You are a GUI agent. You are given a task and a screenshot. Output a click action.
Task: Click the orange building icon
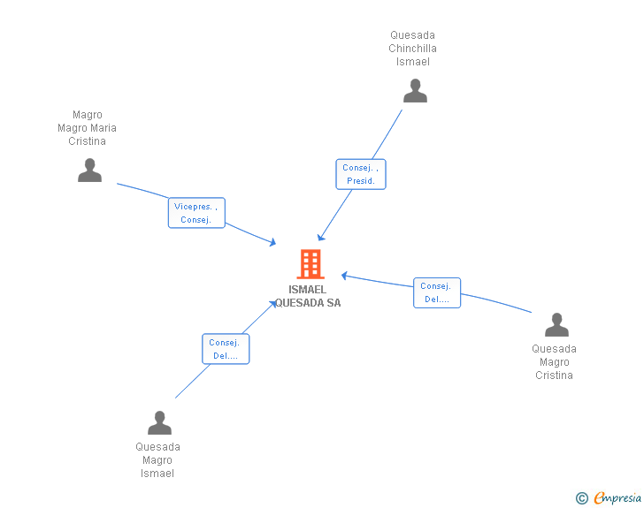[x=310, y=264]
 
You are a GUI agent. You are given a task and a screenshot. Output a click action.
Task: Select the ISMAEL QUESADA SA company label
[x=308, y=296]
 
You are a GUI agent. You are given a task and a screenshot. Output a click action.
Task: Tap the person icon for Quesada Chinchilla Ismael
[x=415, y=91]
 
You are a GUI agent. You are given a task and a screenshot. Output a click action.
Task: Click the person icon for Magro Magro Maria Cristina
[x=89, y=171]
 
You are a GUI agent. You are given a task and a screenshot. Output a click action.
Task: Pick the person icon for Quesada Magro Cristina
[x=556, y=325]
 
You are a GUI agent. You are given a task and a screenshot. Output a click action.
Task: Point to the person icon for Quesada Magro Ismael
[x=159, y=423]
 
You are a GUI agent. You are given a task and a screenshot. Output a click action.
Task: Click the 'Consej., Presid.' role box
[x=361, y=174]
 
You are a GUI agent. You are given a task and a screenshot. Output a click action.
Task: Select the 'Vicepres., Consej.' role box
[x=196, y=213]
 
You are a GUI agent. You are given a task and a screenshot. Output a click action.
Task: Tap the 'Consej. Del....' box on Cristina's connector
[x=436, y=292]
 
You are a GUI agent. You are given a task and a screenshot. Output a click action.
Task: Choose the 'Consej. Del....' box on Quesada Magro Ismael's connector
[x=226, y=349]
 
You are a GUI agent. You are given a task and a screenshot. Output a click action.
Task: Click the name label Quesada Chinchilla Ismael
[x=413, y=49]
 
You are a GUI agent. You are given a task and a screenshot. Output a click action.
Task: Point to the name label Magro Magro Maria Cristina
[x=87, y=128]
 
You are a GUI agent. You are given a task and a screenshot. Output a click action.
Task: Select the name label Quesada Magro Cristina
[x=554, y=362]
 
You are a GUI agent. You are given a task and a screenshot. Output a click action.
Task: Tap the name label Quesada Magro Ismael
[x=157, y=460]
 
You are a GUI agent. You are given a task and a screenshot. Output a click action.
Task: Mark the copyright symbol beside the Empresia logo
[x=581, y=499]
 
